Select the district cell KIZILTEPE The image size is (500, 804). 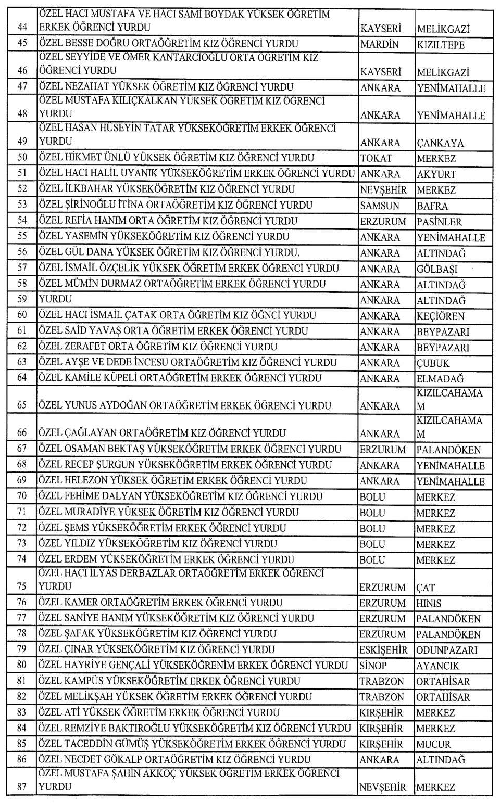(440, 45)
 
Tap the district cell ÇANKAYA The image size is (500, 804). (440, 143)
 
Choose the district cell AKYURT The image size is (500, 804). (436, 174)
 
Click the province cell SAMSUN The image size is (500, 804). (380, 206)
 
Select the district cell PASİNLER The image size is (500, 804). (439, 222)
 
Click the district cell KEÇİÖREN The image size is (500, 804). (440, 316)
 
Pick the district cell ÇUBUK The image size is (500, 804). (433, 363)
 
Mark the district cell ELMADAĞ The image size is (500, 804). (440, 379)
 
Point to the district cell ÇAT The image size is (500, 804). (426, 588)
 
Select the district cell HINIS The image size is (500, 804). (429, 603)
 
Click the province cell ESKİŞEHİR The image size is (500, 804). (385, 650)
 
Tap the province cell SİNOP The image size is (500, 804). (373, 666)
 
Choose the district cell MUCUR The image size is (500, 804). (433, 744)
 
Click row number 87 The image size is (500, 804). (22, 786)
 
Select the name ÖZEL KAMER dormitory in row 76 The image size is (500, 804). (160, 603)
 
